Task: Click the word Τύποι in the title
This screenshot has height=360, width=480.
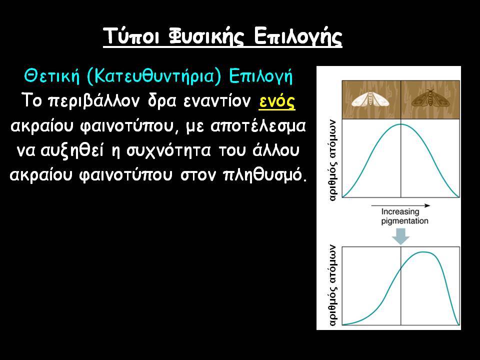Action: click(x=131, y=36)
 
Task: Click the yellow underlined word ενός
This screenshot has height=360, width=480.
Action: click(x=277, y=101)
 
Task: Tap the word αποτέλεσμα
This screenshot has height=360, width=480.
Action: click(x=258, y=126)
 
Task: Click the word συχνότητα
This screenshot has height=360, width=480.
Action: click(x=169, y=150)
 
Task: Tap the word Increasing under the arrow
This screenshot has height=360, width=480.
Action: click(x=400, y=212)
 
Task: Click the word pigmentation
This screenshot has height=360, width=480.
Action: click(x=404, y=221)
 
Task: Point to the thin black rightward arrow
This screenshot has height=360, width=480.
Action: click(x=400, y=205)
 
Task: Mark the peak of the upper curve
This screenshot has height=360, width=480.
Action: click(x=400, y=124)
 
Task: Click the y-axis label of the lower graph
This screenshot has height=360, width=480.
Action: click(x=333, y=285)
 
